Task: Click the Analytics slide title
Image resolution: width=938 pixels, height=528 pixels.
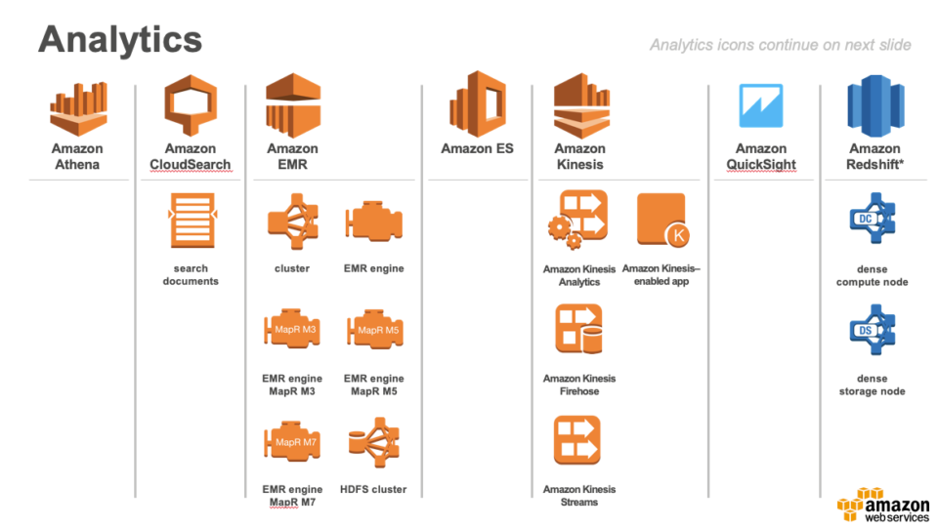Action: (x=120, y=40)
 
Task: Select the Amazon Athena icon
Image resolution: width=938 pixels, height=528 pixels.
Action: (x=77, y=108)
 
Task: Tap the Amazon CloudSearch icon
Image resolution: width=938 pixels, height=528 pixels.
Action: (x=190, y=108)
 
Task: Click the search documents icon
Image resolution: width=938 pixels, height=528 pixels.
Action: (x=191, y=221)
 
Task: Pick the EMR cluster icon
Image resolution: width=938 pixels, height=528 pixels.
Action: (x=292, y=223)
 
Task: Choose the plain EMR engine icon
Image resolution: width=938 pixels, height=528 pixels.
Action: (x=373, y=223)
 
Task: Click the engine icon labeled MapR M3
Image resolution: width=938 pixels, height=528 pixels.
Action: (x=292, y=331)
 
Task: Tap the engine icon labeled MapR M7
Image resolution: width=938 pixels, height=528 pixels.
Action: (x=292, y=442)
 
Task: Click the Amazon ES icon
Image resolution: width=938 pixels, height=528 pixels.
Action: (x=477, y=103)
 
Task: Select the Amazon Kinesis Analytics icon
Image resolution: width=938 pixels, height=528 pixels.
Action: (x=578, y=222)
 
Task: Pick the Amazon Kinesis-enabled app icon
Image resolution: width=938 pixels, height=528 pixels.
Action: (x=661, y=220)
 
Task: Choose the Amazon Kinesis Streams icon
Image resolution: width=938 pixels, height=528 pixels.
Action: (x=577, y=440)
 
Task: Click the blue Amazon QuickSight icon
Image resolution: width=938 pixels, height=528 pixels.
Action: (x=760, y=107)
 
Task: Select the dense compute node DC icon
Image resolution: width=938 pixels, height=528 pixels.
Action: (x=873, y=221)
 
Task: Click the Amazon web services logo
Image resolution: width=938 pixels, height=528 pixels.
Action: (x=882, y=505)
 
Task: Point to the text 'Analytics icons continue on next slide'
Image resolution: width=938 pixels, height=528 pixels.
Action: (x=780, y=45)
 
